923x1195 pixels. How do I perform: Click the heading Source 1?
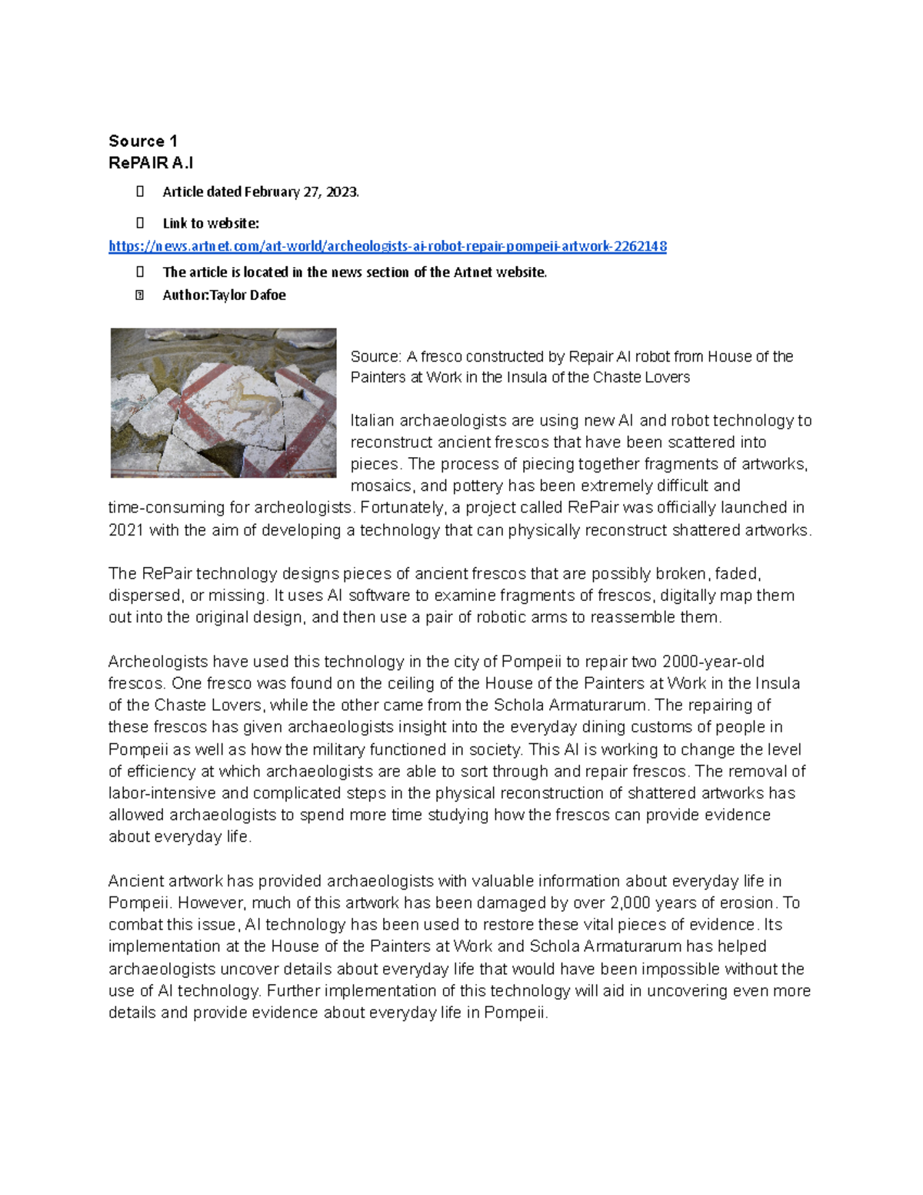coord(143,141)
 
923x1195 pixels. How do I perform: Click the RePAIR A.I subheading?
coord(151,163)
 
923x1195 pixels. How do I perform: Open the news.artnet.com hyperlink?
coord(387,246)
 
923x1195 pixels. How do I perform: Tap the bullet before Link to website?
coord(140,223)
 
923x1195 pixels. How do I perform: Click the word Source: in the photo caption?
coord(375,356)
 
